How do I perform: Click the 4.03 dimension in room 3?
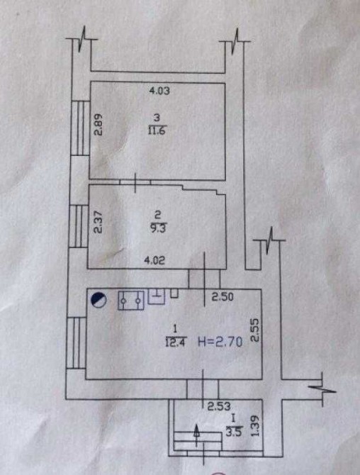point(159,91)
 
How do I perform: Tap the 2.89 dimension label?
point(99,125)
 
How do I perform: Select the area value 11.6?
point(157,131)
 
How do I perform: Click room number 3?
point(157,117)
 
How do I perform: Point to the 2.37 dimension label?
point(99,222)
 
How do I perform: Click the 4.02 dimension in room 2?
point(154,260)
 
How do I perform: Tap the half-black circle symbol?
point(99,301)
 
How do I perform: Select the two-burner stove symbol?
point(131,300)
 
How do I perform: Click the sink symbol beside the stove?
point(156,296)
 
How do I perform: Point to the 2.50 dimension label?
point(223,296)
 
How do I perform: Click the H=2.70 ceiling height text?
point(220,342)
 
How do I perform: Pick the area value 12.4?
point(176,342)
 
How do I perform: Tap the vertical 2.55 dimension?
point(255,330)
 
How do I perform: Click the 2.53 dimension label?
point(219,406)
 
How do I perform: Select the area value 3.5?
point(234,432)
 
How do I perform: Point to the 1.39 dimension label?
point(256,425)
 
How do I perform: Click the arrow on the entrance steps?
point(196,435)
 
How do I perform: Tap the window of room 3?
point(80,128)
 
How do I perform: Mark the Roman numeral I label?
point(233,419)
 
